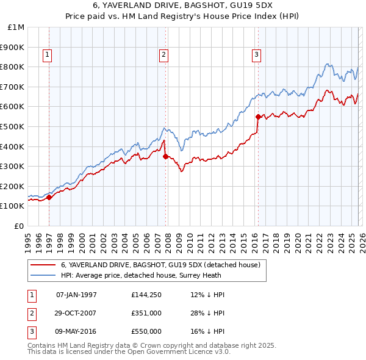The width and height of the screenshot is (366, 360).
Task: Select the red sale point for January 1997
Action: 49,196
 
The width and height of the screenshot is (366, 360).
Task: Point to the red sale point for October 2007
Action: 166,156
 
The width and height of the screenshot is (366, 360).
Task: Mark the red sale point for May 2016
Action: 258,116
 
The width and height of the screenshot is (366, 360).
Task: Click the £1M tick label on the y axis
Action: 17,27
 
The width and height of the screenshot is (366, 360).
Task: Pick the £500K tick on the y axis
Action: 13,127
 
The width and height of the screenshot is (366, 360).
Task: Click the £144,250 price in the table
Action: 146,295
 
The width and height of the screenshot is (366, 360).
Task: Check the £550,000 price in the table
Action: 146,331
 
